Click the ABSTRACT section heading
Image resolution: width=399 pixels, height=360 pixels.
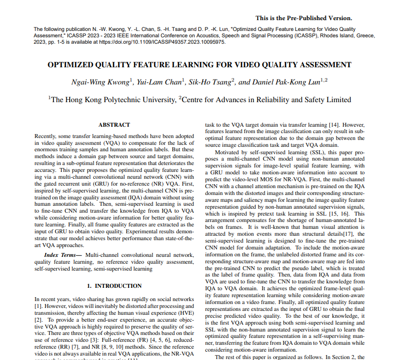(114, 125)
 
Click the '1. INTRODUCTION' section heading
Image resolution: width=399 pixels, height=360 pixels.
(114, 286)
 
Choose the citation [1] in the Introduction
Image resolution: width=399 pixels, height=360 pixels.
(37, 305)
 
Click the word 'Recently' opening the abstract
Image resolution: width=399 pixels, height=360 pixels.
(45, 135)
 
